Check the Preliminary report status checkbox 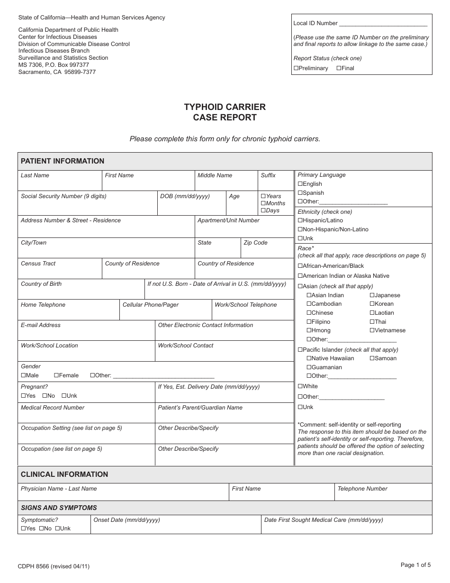tap(296, 68)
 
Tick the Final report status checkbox tap(339, 68)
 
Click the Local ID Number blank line tap(383, 23)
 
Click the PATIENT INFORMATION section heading tap(63, 161)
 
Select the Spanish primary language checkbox tap(300, 193)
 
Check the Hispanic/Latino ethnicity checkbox tap(300, 220)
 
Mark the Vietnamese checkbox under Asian tap(372, 330)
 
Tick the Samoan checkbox tap(372, 358)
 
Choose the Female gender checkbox tap(56, 375)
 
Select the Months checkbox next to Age tap(263, 203)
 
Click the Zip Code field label tap(255, 243)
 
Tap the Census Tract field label tap(38, 264)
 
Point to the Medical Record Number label tap(53, 408)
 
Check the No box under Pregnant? tap(45, 396)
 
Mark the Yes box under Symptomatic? tap(23, 528)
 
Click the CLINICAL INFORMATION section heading tap(64, 474)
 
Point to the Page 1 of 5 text tap(415, 565)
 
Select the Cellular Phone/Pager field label tap(151, 305)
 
